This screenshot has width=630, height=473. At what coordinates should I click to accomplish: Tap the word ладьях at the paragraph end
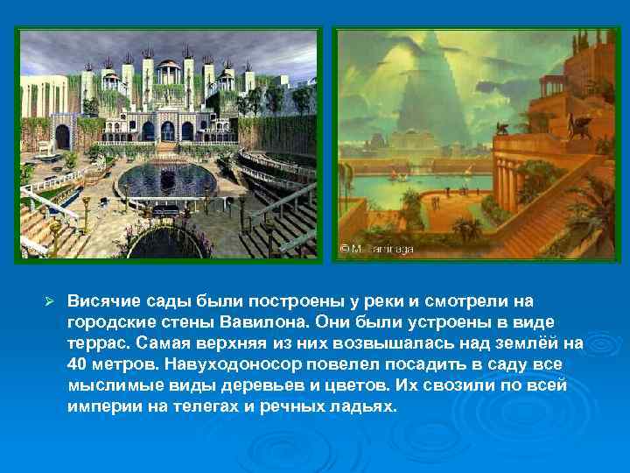pos(367,405)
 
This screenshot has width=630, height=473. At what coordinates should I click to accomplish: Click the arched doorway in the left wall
pos(62,136)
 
